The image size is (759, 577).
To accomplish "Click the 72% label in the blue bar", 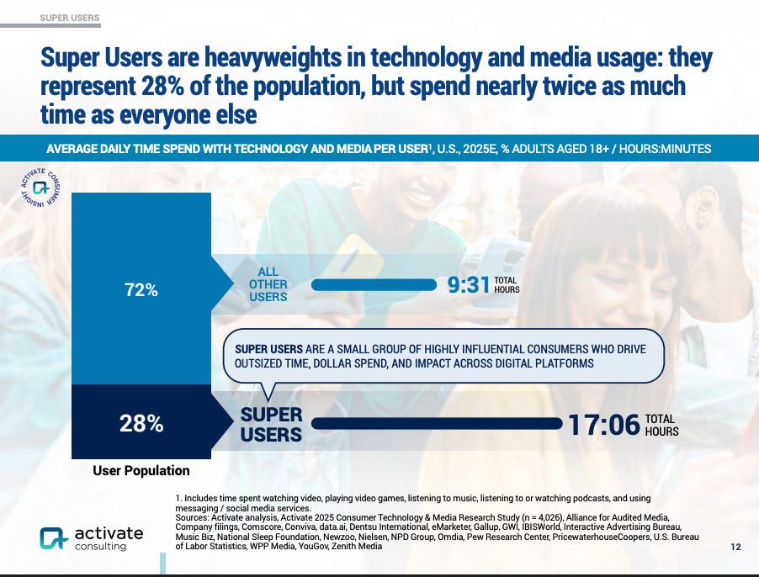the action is pos(141,289).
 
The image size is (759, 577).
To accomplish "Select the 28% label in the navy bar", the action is pos(141,423).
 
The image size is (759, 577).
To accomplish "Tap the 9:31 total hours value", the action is pos(469,284).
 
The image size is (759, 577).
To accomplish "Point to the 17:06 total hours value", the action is pos(604,425).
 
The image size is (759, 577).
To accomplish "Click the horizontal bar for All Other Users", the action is pos(374,285).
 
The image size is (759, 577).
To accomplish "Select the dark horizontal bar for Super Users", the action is pos(437,424).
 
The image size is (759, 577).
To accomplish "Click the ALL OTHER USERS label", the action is pos(268,284).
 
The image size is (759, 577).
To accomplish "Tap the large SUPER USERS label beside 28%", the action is pos(271,425).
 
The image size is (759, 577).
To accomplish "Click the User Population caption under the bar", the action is pos(141,470).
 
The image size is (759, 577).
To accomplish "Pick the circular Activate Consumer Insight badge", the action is pos(40,188).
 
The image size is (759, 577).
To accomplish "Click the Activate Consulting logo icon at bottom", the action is pos(53,538).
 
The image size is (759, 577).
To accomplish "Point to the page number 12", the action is pos(735,547).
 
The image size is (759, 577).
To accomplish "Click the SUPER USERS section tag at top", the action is pos(70,18).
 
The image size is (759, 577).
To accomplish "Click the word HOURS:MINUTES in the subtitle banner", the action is pos(665,149).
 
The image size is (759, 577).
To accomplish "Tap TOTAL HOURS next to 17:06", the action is pos(661,425).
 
